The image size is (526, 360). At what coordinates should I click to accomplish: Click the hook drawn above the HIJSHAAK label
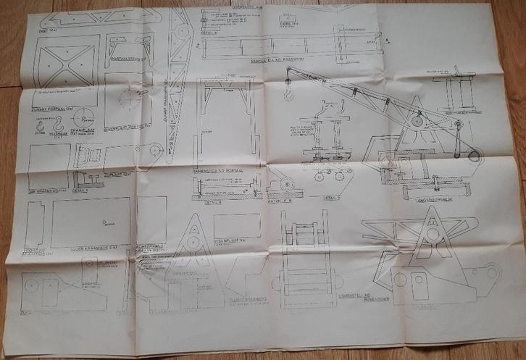coord(41,127)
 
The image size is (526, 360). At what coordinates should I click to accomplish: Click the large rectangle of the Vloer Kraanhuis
coord(91,221)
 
